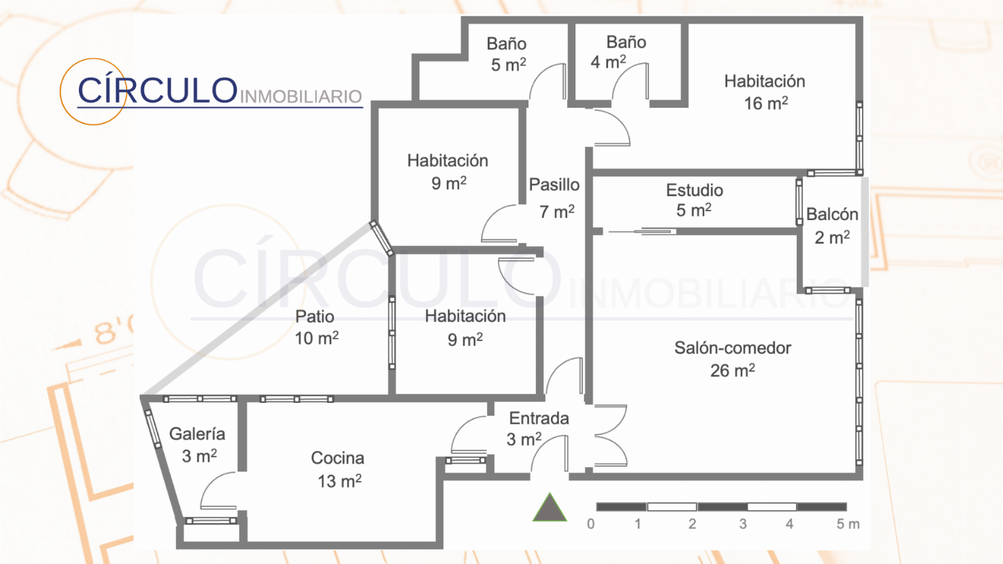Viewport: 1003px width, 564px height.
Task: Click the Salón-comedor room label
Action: point(733,348)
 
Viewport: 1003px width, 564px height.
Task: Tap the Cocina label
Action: point(338,458)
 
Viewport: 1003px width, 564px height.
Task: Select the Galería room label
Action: point(197,434)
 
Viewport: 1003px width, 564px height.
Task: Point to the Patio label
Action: point(314,316)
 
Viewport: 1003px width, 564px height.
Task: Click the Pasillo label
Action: point(554,184)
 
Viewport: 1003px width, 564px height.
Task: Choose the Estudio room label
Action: point(695,191)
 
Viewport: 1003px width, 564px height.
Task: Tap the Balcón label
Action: point(832,214)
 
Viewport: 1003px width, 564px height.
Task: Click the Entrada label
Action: point(539,418)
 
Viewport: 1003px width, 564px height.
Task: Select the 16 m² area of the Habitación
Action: point(765,103)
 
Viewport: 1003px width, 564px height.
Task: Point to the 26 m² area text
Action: point(733,370)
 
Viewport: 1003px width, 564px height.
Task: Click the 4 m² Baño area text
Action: point(608,62)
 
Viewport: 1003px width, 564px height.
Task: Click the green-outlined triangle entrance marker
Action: point(550,508)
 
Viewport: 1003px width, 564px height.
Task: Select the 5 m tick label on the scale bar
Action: point(848,524)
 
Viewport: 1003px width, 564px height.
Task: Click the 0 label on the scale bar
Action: point(591,524)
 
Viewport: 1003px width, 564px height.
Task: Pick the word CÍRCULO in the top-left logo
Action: point(157,90)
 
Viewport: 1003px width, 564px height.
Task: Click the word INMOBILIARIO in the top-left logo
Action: point(301,97)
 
